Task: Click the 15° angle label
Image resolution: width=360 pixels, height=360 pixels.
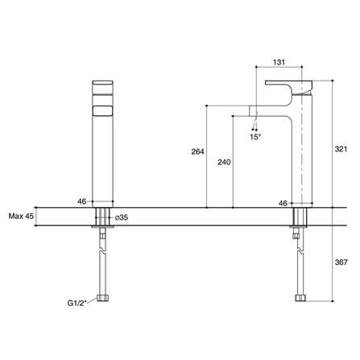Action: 254,137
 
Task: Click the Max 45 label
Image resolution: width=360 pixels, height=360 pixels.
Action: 20,216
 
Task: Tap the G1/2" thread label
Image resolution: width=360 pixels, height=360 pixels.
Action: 79,304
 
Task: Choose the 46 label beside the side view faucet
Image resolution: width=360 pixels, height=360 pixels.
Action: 283,204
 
